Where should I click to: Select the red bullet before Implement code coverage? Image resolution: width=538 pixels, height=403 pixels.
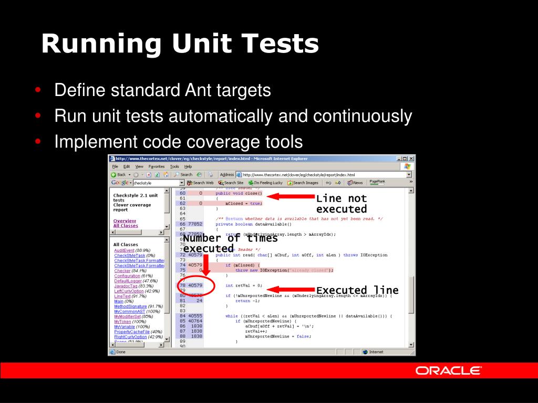(38, 142)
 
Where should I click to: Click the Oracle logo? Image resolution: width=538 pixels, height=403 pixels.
(448, 370)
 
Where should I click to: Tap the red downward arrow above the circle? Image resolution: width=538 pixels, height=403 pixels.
(206, 265)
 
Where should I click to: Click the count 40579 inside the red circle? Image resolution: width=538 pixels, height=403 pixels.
(195, 285)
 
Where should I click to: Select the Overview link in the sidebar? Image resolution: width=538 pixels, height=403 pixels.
(125, 221)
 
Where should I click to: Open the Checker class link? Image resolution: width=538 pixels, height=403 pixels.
(122, 271)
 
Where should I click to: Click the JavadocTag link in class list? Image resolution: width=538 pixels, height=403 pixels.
(126, 286)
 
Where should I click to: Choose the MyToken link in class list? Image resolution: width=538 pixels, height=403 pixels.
(122, 322)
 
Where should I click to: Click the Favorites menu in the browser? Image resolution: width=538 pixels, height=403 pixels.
(156, 166)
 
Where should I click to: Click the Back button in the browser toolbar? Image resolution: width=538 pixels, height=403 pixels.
(118, 174)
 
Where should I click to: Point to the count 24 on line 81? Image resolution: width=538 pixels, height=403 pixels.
(199, 301)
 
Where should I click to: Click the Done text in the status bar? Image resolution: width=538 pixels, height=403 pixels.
(121, 352)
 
